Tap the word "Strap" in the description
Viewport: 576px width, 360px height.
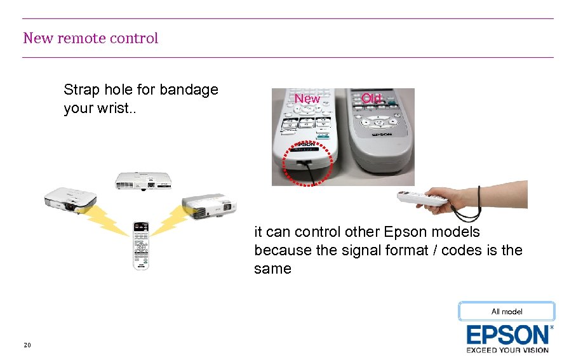(81, 90)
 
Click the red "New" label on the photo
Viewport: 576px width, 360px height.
(307, 99)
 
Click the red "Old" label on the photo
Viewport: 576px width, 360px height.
(371, 98)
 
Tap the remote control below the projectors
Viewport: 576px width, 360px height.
(140, 245)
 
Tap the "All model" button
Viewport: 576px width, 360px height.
(507, 311)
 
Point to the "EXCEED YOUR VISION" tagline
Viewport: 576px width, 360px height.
(507, 350)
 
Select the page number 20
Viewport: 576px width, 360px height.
(27, 345)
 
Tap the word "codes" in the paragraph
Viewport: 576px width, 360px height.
(461, 250)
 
